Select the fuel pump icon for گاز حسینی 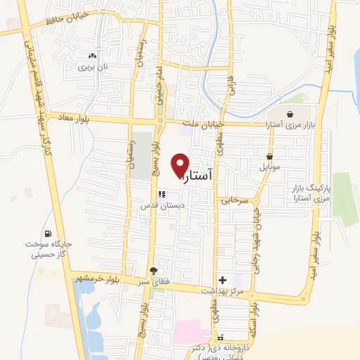tap(48, 234)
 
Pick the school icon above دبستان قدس tap(161, 194)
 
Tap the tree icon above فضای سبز tap(154, 271)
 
